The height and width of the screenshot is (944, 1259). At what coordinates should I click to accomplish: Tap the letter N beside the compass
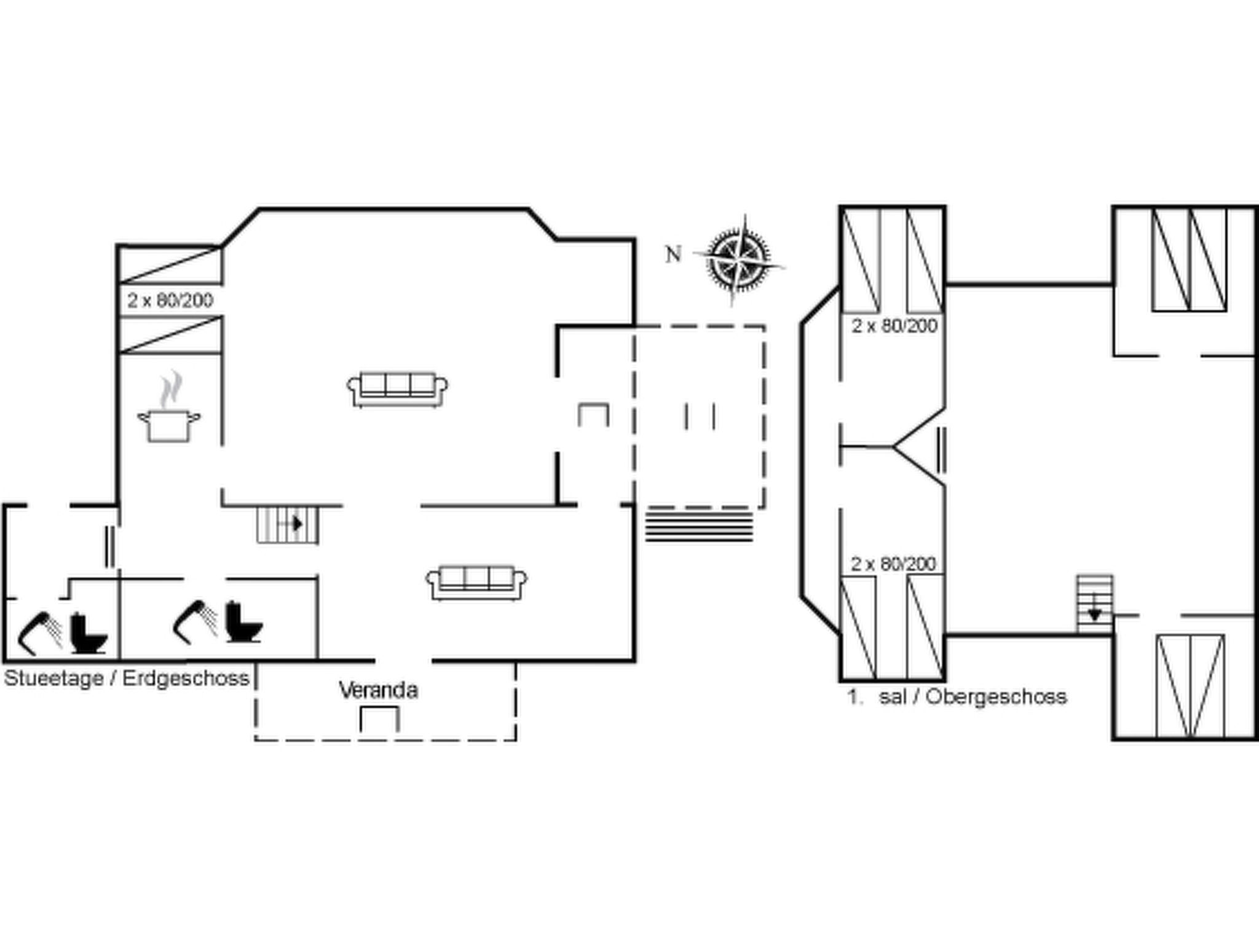click(674, 254)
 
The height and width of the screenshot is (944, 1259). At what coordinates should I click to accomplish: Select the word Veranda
click(379, 691)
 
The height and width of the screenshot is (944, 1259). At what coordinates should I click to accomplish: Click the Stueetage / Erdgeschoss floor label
click(127, 678)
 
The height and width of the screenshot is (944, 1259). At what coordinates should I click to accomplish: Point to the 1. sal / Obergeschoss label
click(957, 696)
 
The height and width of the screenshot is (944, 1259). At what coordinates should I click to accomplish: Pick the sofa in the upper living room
click(397, 390)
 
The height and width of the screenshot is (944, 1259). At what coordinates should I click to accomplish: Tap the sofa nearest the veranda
click(477, 583)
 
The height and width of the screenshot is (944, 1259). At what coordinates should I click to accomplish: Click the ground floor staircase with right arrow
click(288, 524)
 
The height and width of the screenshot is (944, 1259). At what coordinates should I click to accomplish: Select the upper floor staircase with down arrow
click(1094, 604)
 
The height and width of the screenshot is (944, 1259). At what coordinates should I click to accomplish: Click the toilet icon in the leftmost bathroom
click(89, 634)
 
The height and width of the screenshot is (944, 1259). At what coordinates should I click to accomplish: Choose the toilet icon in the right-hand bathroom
click(244, 622)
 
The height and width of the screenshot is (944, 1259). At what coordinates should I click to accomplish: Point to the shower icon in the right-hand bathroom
click(195, 621)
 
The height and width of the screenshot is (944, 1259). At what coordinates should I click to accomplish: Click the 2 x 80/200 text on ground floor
click(170, 301)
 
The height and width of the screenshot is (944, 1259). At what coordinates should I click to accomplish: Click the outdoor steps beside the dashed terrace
click(699, 525)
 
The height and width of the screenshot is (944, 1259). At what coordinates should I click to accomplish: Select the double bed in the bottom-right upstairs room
click(1190, 686)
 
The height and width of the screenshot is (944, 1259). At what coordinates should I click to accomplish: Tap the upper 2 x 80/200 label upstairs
click(894, 326)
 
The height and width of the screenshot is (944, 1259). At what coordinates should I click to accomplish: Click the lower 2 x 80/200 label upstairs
click(893, 564)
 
